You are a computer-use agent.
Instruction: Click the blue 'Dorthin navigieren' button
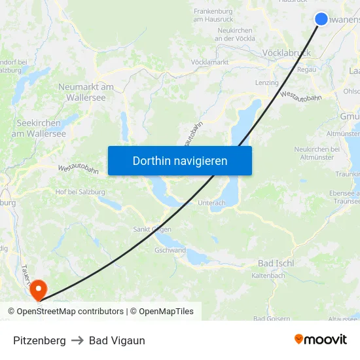(179, 160)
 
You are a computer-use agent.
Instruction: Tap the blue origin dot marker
(321, 18)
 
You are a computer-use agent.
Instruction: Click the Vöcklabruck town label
(285, 52)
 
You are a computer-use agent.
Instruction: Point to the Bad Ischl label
(276, 263)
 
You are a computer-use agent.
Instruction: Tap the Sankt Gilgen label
(152, 229)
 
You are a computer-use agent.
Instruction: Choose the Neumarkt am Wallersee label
(86, 92)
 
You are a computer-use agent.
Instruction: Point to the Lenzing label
(266, 82)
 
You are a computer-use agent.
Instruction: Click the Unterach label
(211, 203)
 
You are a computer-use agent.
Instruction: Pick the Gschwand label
(170, 250)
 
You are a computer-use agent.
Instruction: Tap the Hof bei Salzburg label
(81, 192)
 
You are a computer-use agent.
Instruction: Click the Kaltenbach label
(268, 276)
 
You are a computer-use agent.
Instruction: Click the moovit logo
(320, 339)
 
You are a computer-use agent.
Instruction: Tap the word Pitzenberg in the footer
(39, 340)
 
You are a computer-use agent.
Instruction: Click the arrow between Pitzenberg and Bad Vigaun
(77, 340)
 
